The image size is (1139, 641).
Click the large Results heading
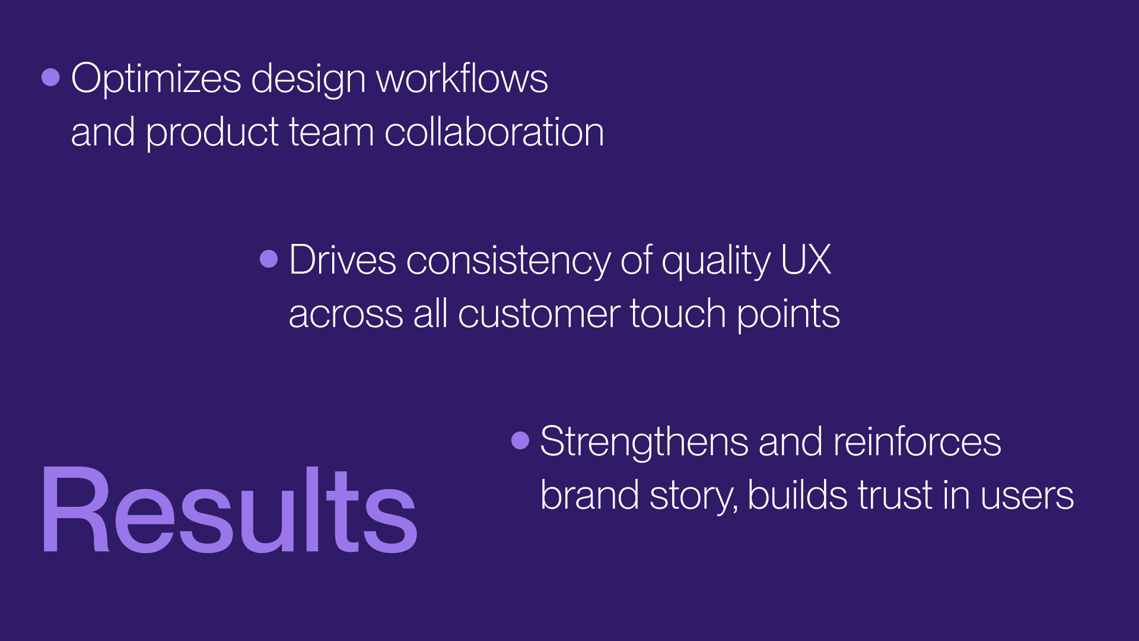229,510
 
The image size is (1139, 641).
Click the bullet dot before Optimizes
51,77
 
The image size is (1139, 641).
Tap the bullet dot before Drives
269,259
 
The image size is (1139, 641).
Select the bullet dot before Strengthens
520,440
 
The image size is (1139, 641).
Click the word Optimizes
156,80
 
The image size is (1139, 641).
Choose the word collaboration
494,132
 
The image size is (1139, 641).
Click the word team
332,133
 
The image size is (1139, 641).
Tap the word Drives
343,260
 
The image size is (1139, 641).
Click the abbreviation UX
806,260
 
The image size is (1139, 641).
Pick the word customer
539,315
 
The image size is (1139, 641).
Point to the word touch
678,313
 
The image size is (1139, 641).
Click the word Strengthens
644,442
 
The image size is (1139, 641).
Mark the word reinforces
918,442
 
